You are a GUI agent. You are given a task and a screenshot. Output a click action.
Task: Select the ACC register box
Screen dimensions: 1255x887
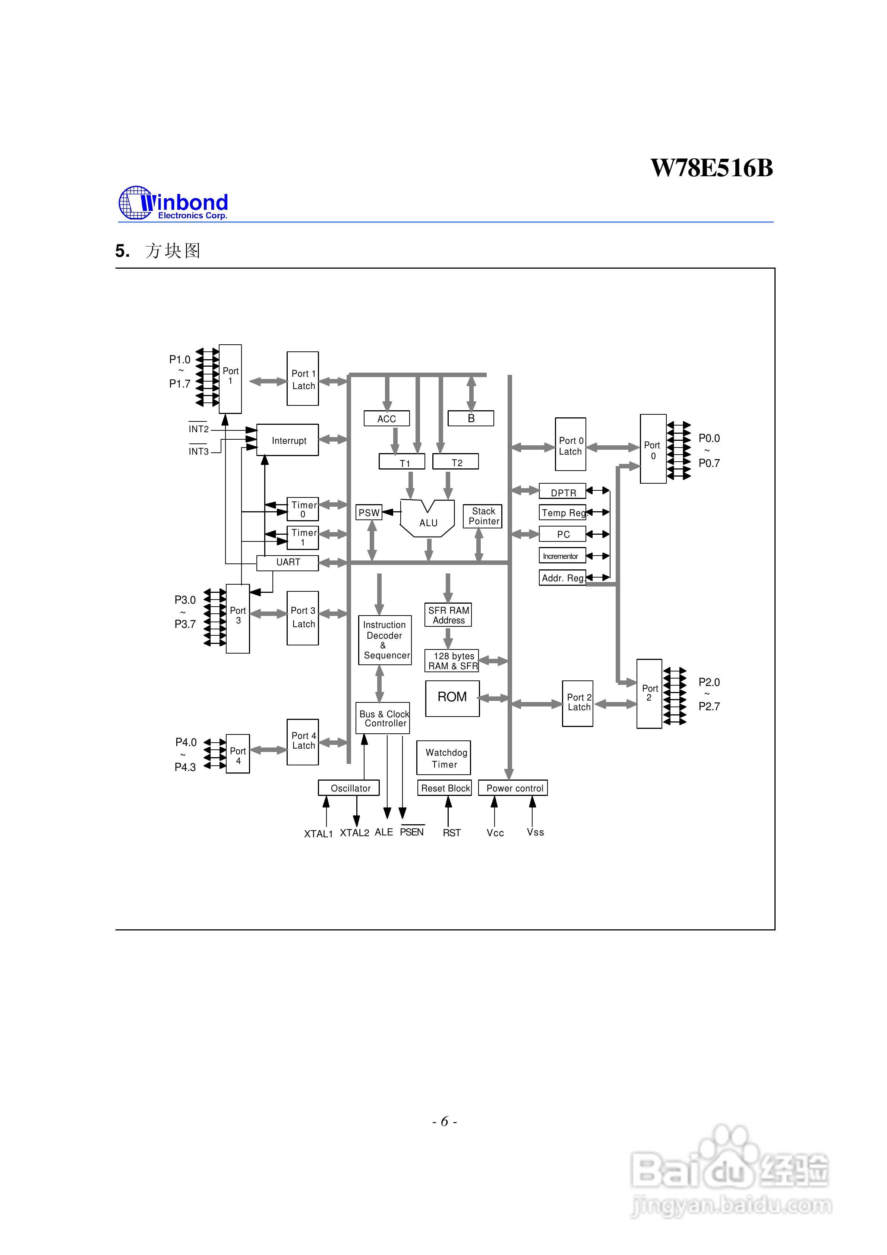tap(386, 419)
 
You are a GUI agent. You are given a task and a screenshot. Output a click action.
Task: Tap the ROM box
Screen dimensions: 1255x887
tap(452, 698)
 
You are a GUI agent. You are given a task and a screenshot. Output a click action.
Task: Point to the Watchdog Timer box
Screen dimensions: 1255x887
tap(443, 758)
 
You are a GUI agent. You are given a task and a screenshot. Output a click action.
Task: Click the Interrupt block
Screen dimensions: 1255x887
tap(288, 440)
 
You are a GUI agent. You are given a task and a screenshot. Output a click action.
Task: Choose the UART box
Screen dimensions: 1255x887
tap(288, 562)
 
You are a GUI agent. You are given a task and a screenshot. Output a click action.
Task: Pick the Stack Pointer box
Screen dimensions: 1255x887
tap(482, 516)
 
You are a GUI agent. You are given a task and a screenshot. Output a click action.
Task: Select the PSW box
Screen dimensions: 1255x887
tap(369, 513)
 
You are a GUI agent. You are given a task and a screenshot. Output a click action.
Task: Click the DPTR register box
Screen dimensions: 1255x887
tap(562, 491)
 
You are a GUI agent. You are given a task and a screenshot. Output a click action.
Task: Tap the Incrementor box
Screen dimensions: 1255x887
tap(562, 556)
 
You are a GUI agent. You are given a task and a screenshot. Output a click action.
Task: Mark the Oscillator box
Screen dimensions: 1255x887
tap(349, 788)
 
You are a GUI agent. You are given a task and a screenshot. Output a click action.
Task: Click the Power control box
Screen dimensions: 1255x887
tap(513, 788)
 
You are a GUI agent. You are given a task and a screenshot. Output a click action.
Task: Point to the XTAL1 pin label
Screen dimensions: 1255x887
tap(318, 834)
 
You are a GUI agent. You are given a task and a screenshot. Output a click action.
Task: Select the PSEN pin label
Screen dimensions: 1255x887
tap(412, 832)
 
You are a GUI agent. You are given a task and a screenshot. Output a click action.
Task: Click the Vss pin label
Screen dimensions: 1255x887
tap(536, 832)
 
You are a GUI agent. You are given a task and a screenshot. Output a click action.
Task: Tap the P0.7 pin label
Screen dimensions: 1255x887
tap(709, 463)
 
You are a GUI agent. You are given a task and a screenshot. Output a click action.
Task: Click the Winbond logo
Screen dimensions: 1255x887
tap(173, 203)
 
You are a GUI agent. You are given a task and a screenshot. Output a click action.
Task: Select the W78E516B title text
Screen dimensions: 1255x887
tap(711, 168)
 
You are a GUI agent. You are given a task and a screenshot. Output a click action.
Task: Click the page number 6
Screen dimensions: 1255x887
tap(444, 1121)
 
